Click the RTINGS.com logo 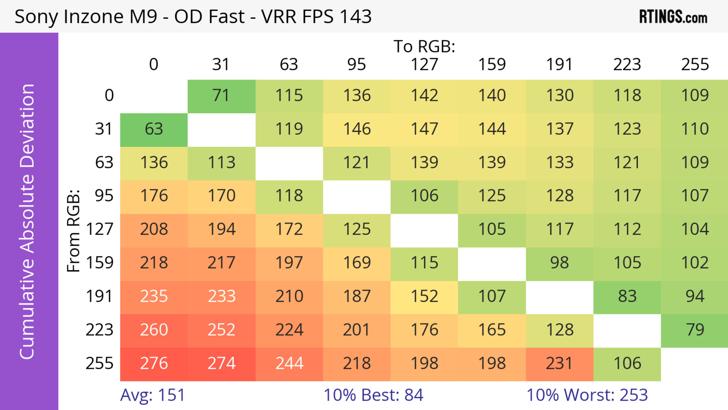pyautogui.click(x=673, y=17)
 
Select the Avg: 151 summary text pyautogui.click(x=153, y=395)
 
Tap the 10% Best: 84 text pyautogui.click(x=373, y=395)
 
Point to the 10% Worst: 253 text pyautogui.click(x=587, y=395)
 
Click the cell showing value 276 pyautogui.click(x=154, y=363)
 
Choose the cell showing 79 pyautogui.click(x=695, y=330)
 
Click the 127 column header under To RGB pyautogui.click(x=424, y=65)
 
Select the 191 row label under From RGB pyautogui.click(x=100, y=296)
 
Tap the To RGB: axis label pyautogui.click(x=424, y=46)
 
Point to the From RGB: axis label pyautogui.click(x=74, y=231)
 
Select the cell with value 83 pyautogui.click(x=627, y=296)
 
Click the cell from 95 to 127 pyautogui.click(x=424, y=196)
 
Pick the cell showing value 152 pyautogui.click(x=424, y=296)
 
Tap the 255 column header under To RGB pyautogui.click(x=695, y=65)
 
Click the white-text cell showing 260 pyautogui.click(x=154, y=330)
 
